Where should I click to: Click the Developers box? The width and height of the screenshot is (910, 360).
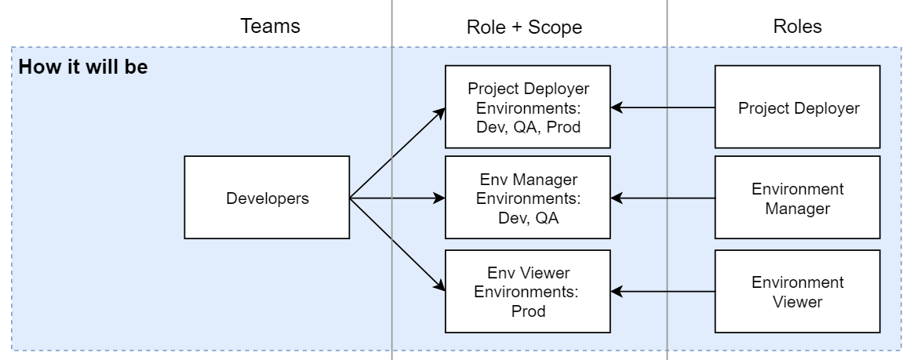(x=267, y=198)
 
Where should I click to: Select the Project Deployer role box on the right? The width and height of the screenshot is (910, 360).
(x=798, y=107)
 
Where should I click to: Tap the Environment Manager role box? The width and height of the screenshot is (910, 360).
(x=798, y=198)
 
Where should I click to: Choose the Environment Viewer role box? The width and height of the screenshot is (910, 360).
(x=798, y=291)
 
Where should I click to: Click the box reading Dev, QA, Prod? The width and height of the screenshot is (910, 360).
(x=528, y=107)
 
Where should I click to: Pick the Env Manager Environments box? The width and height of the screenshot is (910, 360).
(x=528, y=198)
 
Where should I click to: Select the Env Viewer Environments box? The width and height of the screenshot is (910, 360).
(x=528, y=291)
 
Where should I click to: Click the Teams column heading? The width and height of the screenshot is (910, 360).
(x=270, y=27)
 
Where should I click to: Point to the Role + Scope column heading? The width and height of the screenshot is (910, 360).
(x=524, y=27)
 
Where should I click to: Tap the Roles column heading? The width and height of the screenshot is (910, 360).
(x=797, y=27)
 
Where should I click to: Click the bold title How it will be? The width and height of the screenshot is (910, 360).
(x=83, y=67)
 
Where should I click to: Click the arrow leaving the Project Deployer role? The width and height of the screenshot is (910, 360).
(x=664, y=107)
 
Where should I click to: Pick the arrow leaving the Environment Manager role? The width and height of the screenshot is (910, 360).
(x=664, y=198)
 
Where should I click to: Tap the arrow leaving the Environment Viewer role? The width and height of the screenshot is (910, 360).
(x=664, y=291)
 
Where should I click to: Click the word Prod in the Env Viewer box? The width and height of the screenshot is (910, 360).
(x=528, y=311)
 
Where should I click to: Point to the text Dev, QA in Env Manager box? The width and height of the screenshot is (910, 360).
(x=528, y=218)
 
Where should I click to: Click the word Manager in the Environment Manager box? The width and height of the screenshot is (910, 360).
(x=798, y=209)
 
